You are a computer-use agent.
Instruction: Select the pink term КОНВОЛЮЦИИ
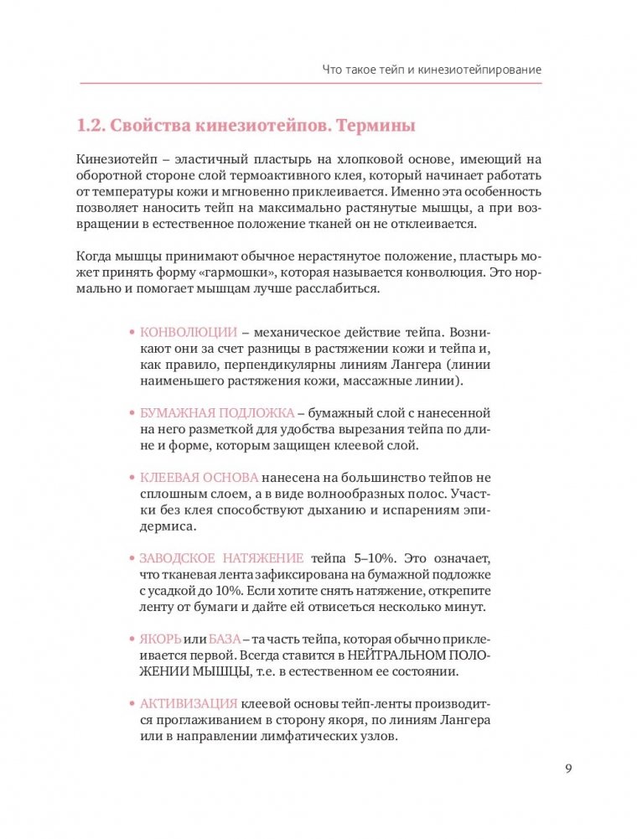[189, 331]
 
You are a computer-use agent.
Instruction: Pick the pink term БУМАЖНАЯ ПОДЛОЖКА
[216, 413]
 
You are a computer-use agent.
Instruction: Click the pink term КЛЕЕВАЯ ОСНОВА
[199, 477]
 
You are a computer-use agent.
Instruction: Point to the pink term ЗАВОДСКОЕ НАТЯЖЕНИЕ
[222, 557]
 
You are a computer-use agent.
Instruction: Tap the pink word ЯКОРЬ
[160, 639]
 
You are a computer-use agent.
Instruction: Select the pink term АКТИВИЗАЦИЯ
[189, 703]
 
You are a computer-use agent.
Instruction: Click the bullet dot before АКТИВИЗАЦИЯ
[132, 704]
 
